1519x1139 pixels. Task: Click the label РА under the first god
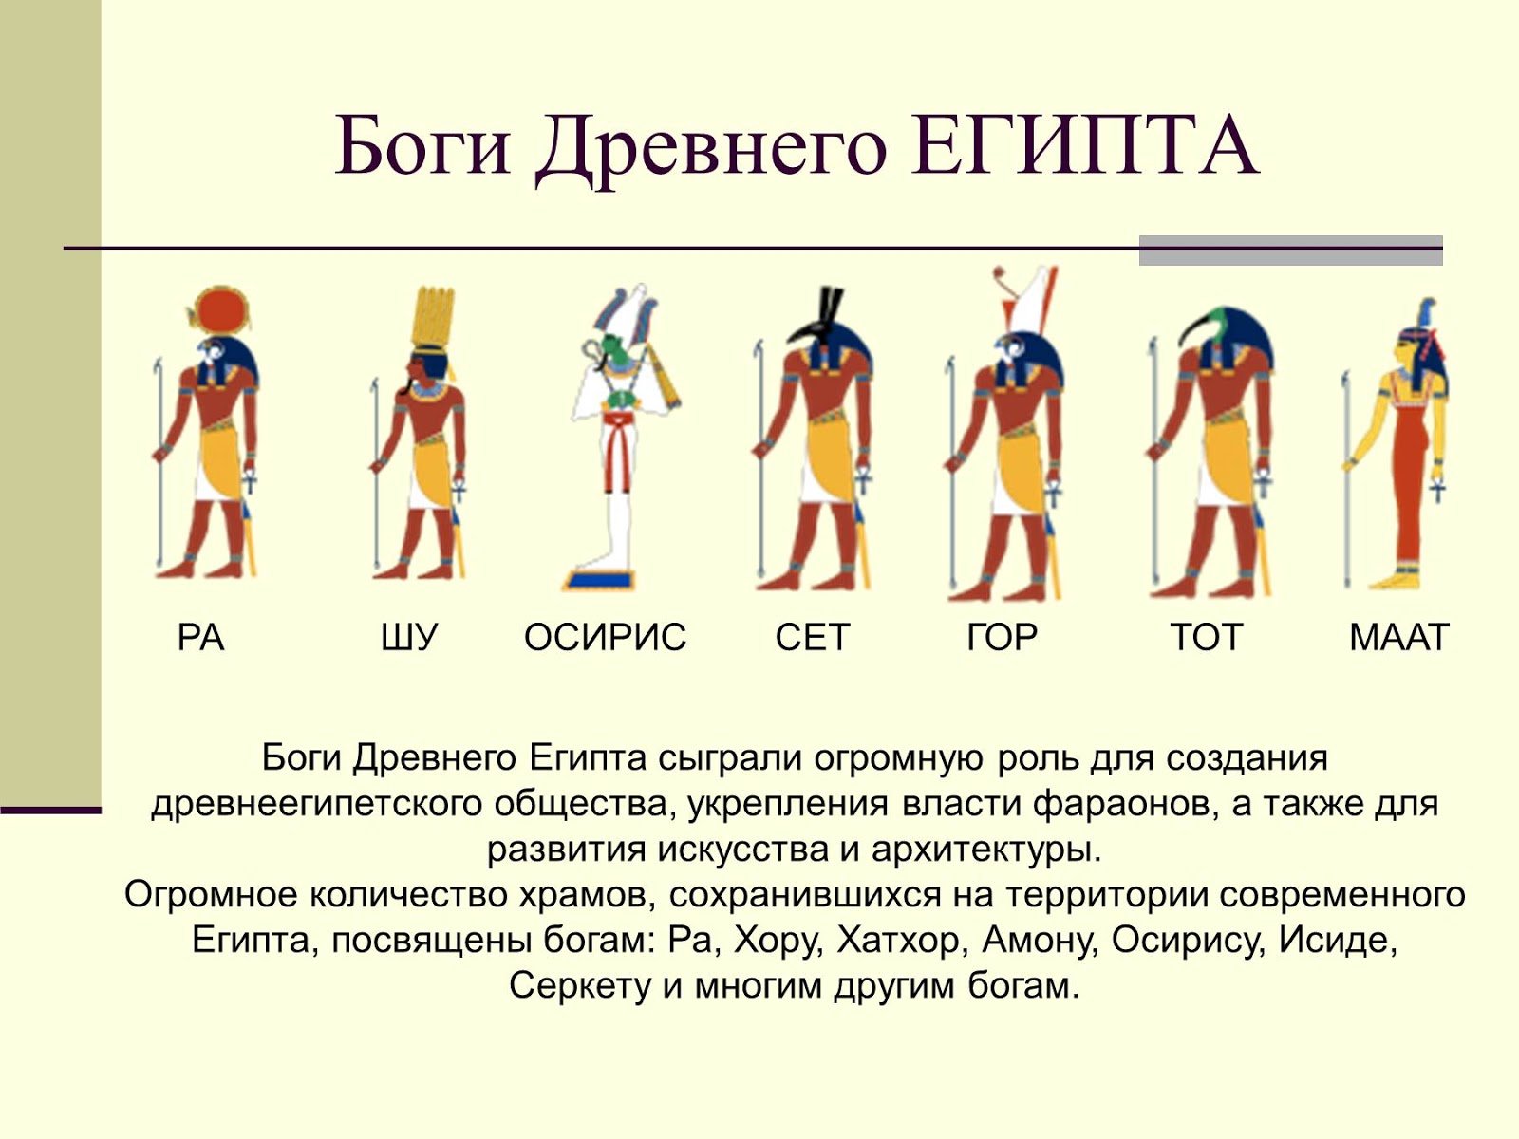coord(200,637)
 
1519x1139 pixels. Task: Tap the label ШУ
coord(408,637)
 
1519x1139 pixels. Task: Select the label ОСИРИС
coord(605,637)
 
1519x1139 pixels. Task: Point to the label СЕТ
coord(812,637)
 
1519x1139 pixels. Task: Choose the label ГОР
coord(1002,637)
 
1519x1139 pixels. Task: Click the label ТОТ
coord(1207,637)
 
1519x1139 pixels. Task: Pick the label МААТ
coord(1398,637)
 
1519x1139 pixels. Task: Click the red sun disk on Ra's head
coord(221,313)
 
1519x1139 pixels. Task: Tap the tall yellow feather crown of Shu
coord(433,317)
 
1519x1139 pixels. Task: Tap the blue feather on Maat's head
coord(1427,316)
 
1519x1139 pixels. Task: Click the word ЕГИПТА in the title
coord(1084,147)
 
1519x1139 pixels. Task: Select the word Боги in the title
coord(422,147)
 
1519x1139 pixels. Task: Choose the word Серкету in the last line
coord(581,985)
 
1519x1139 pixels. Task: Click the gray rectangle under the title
coord(1290,251)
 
